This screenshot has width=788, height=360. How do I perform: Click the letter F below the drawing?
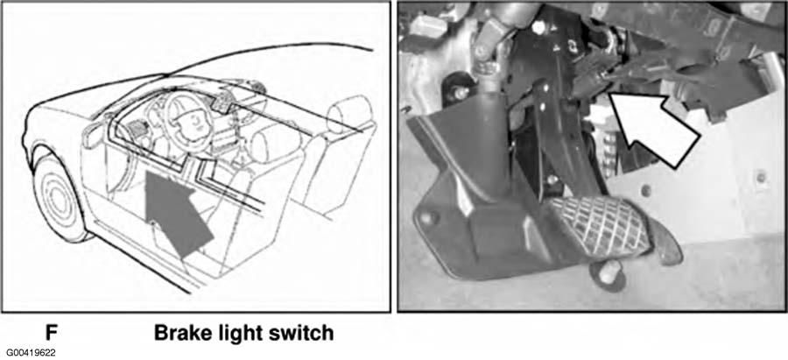(52, 333)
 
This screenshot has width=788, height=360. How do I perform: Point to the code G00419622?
(32, 353)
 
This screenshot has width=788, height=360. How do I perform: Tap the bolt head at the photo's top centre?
(538, 28)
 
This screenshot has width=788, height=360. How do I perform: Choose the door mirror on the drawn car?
(94, 134)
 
